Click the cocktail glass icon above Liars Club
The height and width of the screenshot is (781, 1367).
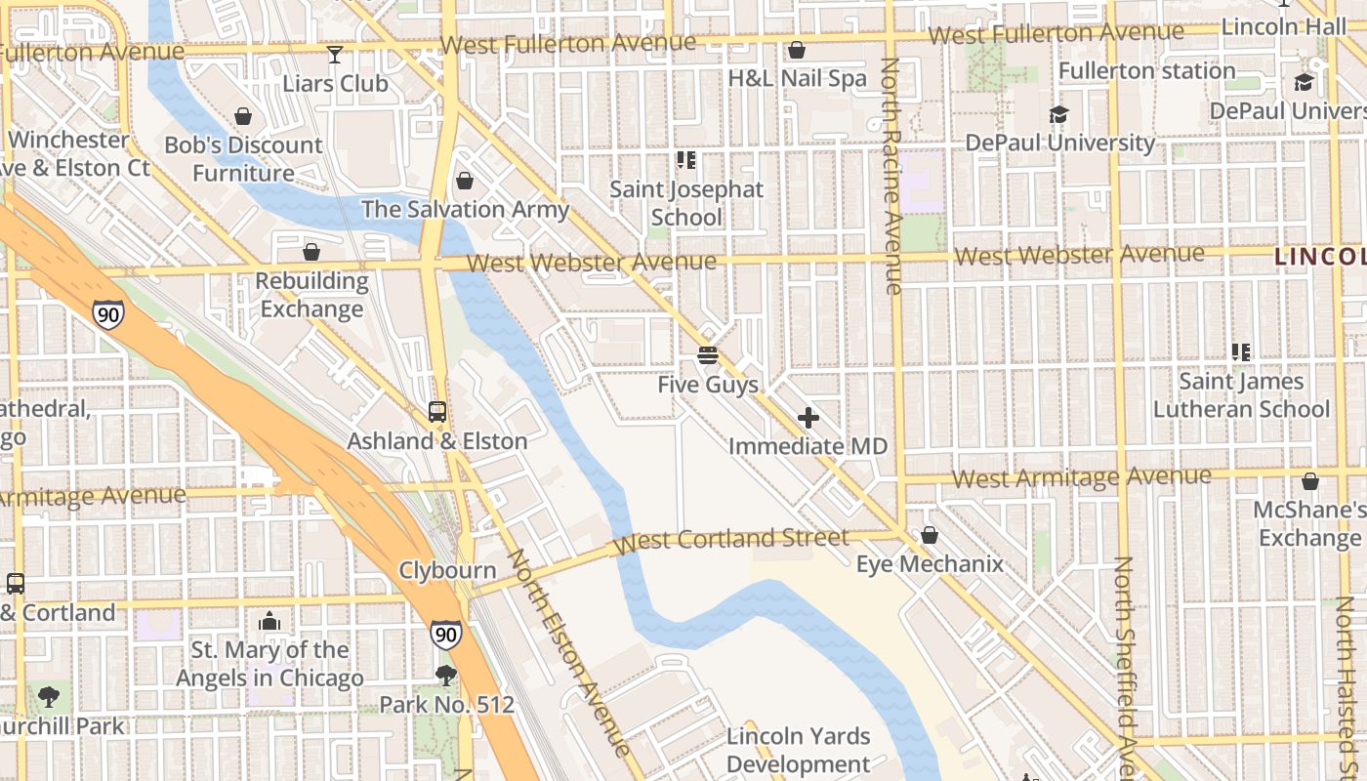pyautogui.click(x=335, y=55)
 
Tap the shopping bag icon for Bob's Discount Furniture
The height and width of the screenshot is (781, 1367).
pyautogui.click(x=242, y=117)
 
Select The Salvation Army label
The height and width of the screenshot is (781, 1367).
pyautogui.click(x=465, y=209)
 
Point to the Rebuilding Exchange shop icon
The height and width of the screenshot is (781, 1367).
pyautogui.click(x=311, y=252)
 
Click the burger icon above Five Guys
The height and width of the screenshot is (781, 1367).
pyautogui.click(x=708, y=355)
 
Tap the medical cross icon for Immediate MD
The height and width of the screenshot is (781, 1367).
pyautogui.click(x=808, y=418)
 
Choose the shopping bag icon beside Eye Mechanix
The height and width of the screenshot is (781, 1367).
pyautogui.click(x=929, y=535)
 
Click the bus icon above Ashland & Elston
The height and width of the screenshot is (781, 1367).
pyautogui.click(x=437, y=412)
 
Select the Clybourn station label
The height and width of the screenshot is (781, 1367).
pyautogui.click(x=447, y=570)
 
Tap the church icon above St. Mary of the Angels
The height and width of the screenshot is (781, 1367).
pyautogui.click(x=269, y=621)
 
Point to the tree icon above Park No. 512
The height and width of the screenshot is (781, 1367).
pyautogui.click(x=446, y=675)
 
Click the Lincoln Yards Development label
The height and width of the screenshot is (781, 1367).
pyautogui.click(x=798, y=750)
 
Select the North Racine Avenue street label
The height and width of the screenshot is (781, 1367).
pyautogui.click(x=891, y=176)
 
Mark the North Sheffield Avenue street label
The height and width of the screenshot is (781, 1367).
pyautogui.click(x=1124, y=664)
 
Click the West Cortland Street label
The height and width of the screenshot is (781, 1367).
pyautogui.click(x=733, y=539)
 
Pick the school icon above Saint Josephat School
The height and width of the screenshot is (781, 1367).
pyautogui.click(x=686, y=159)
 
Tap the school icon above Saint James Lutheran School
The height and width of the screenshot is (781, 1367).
pyautogui.click(x=1241, y=352)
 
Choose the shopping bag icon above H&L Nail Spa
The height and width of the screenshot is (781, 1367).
pyautogui.click(x=797, y=50)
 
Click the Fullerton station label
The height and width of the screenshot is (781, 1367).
pyautogui.click(x=1146, y=71)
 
